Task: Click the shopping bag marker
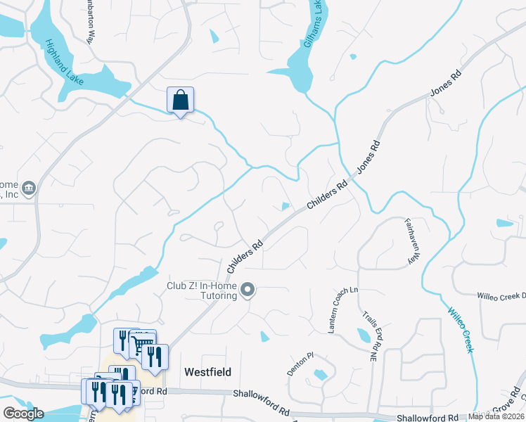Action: point(180,101)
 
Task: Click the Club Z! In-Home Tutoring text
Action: point(200,290)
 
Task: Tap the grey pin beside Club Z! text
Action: point(248,290)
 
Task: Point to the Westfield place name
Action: point(207,371)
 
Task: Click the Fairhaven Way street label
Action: point(409,241)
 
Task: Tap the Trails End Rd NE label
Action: point(370,338)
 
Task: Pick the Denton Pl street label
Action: point(297,364)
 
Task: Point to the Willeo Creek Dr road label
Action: point(501,297)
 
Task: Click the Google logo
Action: point(23,414)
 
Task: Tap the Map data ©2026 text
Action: point(496,416)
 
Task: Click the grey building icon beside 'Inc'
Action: point(29,188)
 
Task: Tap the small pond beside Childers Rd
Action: point(285,206)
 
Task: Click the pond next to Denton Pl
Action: point(321,375)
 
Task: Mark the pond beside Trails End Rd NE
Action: point(364,335)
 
